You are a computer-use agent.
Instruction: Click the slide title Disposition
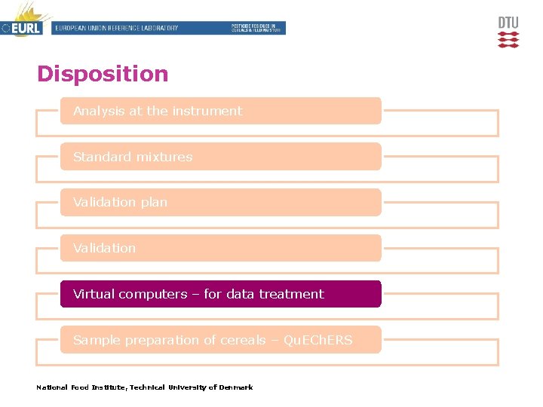pos(103,74)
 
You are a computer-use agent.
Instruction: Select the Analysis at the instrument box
pos(220,111)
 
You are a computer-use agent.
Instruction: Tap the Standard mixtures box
pos(220,157)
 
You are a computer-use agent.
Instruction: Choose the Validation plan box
pos(220,202)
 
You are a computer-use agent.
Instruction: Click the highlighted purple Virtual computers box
pos(220,294)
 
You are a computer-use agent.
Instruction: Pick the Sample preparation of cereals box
pos(220,340)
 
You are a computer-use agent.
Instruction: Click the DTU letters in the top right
pos(508,23)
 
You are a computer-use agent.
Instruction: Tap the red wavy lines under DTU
pos(508,39)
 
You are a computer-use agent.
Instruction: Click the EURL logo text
pos(26,29)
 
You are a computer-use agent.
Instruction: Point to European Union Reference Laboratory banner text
pos(117,28)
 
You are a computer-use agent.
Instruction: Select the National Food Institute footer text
pos(144,387)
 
